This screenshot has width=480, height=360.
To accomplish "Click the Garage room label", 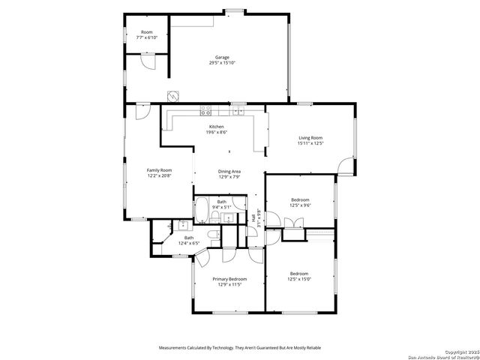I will pos(222,57).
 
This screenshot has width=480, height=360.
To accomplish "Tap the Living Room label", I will pos(310,138).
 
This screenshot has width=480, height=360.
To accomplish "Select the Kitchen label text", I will pos(217,127).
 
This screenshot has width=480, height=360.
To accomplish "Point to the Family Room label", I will pos(159,170).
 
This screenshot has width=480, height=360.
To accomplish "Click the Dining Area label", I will pos(229,172).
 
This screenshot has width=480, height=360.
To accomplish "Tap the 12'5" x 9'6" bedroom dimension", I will pos(300,204).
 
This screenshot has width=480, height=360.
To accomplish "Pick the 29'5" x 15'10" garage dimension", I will pos(222,62).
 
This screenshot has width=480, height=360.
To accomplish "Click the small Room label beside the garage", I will pos(146,31).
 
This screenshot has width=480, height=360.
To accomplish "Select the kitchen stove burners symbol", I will pos(204,112).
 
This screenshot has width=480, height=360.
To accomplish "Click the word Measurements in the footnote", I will pos(174,348).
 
